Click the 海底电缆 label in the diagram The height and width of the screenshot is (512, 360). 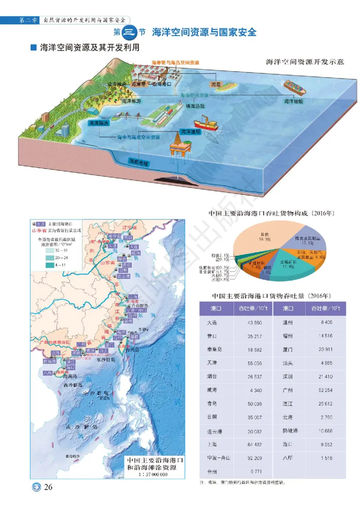[139, 162]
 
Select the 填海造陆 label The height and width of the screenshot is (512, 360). [195, 107]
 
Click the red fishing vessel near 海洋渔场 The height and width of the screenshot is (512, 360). [205, 124]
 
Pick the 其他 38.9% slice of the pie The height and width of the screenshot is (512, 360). [258, 241]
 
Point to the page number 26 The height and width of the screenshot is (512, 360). [49, 487]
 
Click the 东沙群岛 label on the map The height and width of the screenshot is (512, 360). [106, 360]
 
